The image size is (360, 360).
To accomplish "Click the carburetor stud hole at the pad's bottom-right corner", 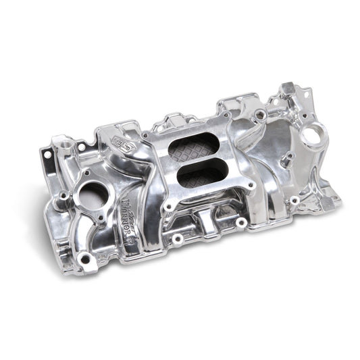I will point(240,221).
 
